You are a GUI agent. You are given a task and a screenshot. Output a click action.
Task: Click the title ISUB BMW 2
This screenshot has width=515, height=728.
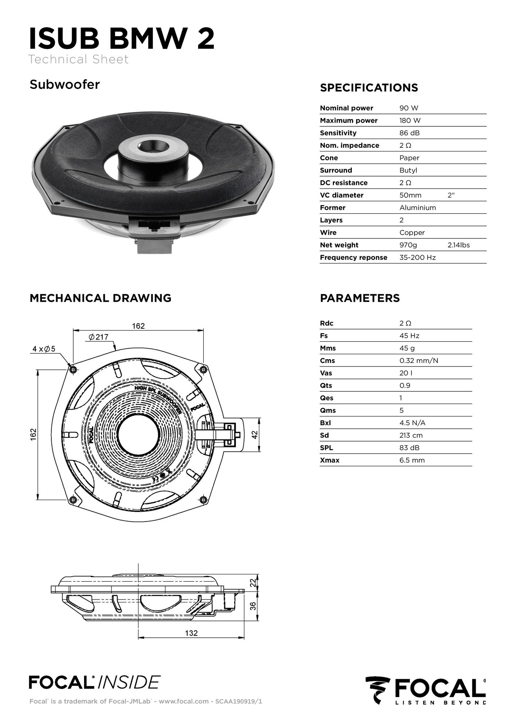(122, 39)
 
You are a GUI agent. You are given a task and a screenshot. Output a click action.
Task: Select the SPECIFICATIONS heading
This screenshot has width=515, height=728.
(369, 88)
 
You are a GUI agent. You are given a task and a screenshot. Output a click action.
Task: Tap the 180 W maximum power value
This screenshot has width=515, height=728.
(410, 120)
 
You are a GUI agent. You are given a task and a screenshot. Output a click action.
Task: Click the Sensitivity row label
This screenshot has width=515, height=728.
(338, 133)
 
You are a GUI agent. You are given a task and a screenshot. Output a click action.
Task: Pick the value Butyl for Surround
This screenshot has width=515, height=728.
(408, 170)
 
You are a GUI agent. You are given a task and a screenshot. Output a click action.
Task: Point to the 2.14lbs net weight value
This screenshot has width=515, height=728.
(459, 245)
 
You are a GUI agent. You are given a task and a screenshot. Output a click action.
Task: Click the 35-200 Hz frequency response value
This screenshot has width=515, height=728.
(417, 257)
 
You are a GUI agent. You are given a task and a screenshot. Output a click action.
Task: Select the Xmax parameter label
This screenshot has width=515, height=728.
(330, 460)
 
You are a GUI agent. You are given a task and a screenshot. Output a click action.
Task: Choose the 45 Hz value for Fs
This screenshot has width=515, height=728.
(409, 336)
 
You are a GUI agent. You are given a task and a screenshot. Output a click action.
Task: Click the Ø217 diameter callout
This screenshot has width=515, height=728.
(98, 337)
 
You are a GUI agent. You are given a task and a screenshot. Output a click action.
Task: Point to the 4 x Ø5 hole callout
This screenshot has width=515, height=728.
(44, 349)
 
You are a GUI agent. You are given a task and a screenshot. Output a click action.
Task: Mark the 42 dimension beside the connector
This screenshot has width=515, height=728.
(255, 435)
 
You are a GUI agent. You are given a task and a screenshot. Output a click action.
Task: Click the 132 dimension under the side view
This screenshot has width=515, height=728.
(191, 633)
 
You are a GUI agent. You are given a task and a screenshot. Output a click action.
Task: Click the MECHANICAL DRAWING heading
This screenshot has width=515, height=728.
(100, 298)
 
